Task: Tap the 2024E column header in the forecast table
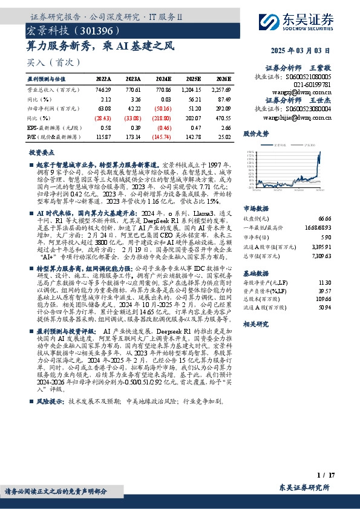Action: click(163, 79)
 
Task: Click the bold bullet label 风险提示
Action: click(50, 384)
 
